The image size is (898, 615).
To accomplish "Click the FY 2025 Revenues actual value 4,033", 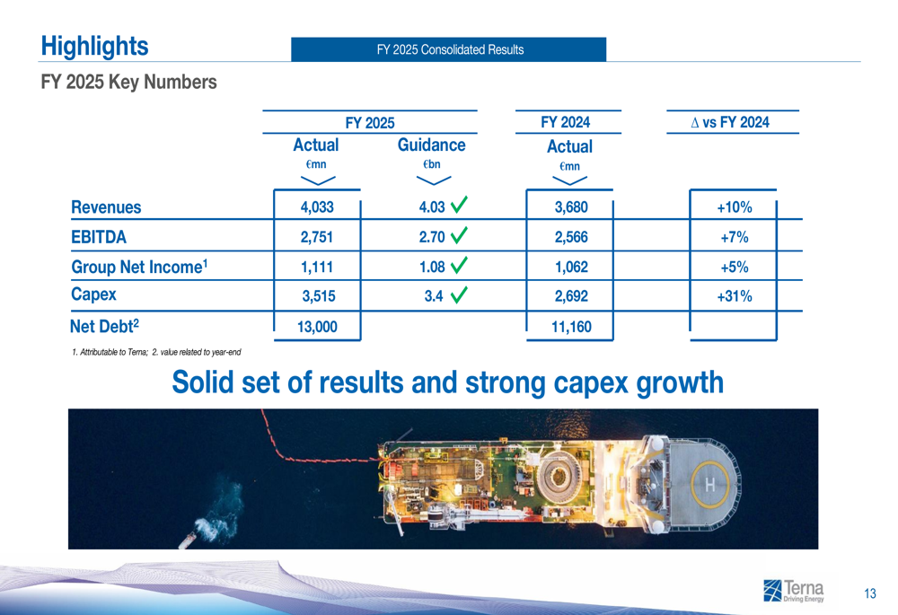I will coord(316,207).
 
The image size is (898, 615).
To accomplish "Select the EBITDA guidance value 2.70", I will coord(432,238).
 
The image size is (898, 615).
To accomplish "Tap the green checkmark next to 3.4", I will coord(459,294).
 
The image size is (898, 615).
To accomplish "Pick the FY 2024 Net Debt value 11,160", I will coord(571,328).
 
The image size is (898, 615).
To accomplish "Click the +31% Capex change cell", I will coord(734,297).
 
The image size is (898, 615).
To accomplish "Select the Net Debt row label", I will coord(104,326).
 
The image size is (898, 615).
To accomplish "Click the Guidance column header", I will coord(431,145).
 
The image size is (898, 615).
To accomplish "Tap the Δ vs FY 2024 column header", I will coord(731,122).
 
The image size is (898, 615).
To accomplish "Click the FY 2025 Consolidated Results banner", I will coord(449,49).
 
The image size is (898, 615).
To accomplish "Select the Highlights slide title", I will coord(94,46).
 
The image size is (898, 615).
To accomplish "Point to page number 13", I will coord(869,593).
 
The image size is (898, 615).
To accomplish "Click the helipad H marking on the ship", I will coord(710,486).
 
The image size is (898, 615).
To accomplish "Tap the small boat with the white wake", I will coord(189,540).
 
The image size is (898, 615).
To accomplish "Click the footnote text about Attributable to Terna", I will coord(155,352).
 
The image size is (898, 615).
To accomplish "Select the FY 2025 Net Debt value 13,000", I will coord(316,328).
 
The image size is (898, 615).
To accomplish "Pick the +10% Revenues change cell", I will coord(734,208).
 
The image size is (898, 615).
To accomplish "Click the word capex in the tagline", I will coord(587,382).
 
